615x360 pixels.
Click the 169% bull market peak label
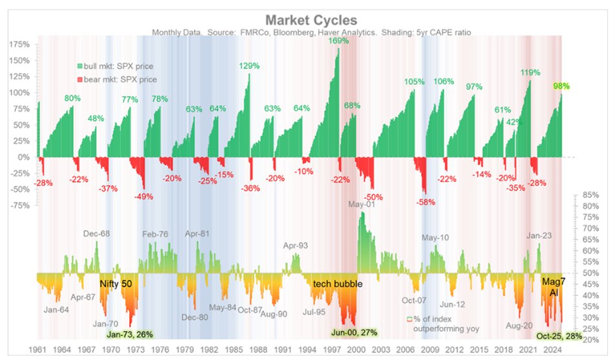tap(338, 41)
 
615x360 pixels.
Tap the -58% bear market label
tap(426, 201)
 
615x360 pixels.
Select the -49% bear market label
tap(143, 196)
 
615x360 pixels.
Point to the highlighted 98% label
tap(561, 86)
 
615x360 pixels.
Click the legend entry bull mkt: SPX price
tap(116, 66)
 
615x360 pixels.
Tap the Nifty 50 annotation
tap(116, 283)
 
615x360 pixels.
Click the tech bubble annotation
tap(338, 284)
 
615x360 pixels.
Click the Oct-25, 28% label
tap(559, 336)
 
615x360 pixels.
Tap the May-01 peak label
tap(362, 205)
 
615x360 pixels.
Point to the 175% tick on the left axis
tap(20, 45)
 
